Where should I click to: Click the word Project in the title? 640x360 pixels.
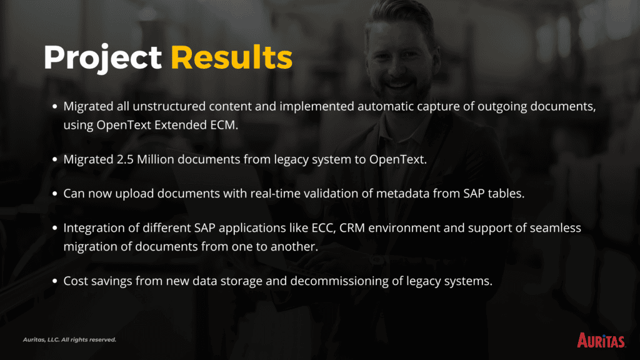[x=103, y=58]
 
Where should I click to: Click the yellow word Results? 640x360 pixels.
[x=231, y=57]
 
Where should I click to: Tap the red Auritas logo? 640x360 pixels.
[x=601, y=340]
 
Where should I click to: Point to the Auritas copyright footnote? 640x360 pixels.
[x=69, y=339]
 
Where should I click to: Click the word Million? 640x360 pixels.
[x=156, y=159]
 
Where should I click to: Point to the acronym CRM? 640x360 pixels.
[x=352, y=227]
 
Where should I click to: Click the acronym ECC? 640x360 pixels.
[x=324, y=228]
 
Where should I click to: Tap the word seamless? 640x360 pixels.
[x=556, y=227]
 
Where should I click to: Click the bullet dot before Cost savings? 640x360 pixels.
[x=55, y=281]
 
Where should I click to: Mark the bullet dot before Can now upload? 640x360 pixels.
[x=55, y=194]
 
